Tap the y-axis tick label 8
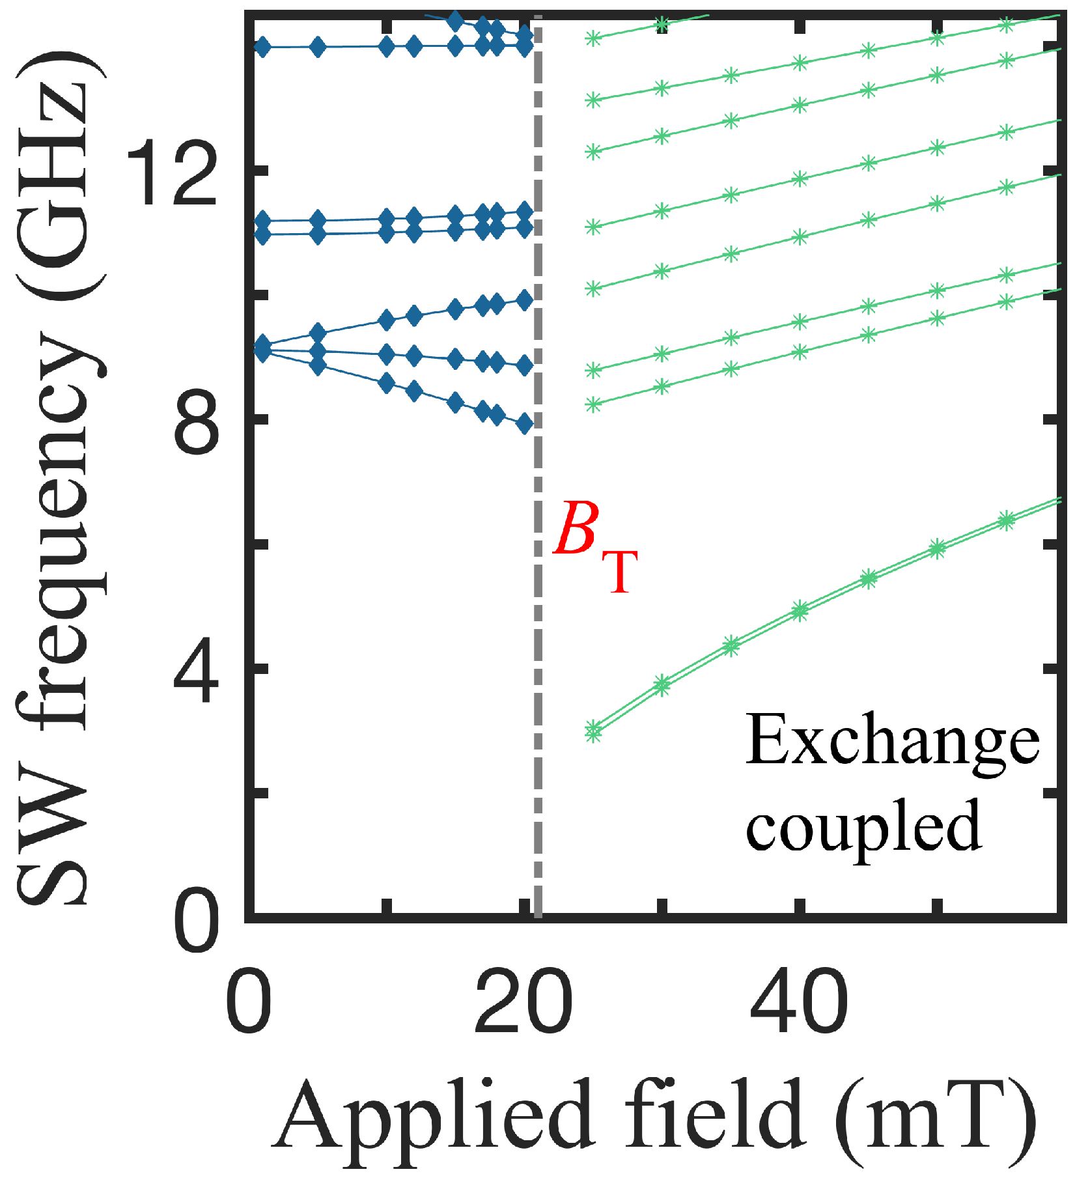coord(194,420)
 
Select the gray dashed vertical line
coord(538,716)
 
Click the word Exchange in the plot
coord(891,743)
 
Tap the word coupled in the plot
coord(863,826)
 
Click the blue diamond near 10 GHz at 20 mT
coord(525,300)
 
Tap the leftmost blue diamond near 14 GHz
coord(262,48)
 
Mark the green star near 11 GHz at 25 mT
coord(593,227)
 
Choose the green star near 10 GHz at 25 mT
coord(593,288)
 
